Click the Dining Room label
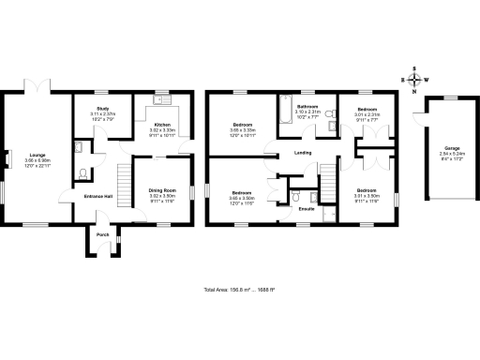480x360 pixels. [162, 190]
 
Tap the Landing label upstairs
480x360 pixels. [302, 153]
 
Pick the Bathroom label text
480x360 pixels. [307, 107]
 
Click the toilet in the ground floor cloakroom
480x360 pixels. [84, 172]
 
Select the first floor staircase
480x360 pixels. [328, 178]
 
